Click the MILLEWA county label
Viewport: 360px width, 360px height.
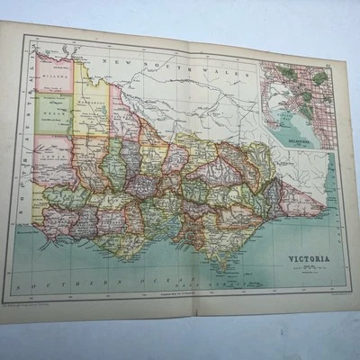pyautogui.click(x=56, y=80)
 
